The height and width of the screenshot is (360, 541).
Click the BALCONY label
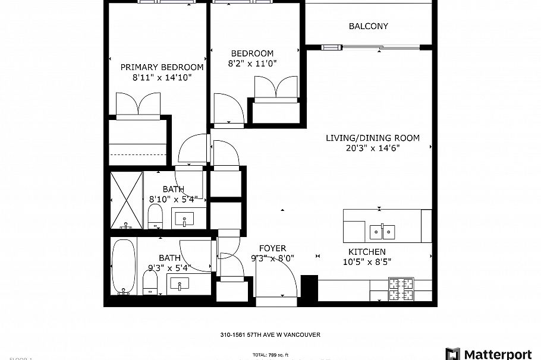click(368, 26)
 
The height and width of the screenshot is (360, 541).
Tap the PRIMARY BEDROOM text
click(162, 67)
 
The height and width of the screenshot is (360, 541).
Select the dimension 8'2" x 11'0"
click(253, 64)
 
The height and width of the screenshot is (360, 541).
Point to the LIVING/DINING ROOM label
click(372, 138)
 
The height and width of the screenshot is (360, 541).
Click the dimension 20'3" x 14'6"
click(372, 149)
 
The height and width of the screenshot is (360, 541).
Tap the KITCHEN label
click(367, 252)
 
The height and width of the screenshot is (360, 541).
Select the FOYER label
click(272, 248)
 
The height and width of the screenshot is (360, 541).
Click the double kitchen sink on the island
click(383, 230)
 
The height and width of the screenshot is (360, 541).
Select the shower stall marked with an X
click(127, 200)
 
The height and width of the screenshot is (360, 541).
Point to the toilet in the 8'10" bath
click(155, 217)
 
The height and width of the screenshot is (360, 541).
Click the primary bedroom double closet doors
click(138, 105)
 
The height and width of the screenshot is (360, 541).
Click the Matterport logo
click(488, 354)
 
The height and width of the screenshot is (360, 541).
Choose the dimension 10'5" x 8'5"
click(367, 262)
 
